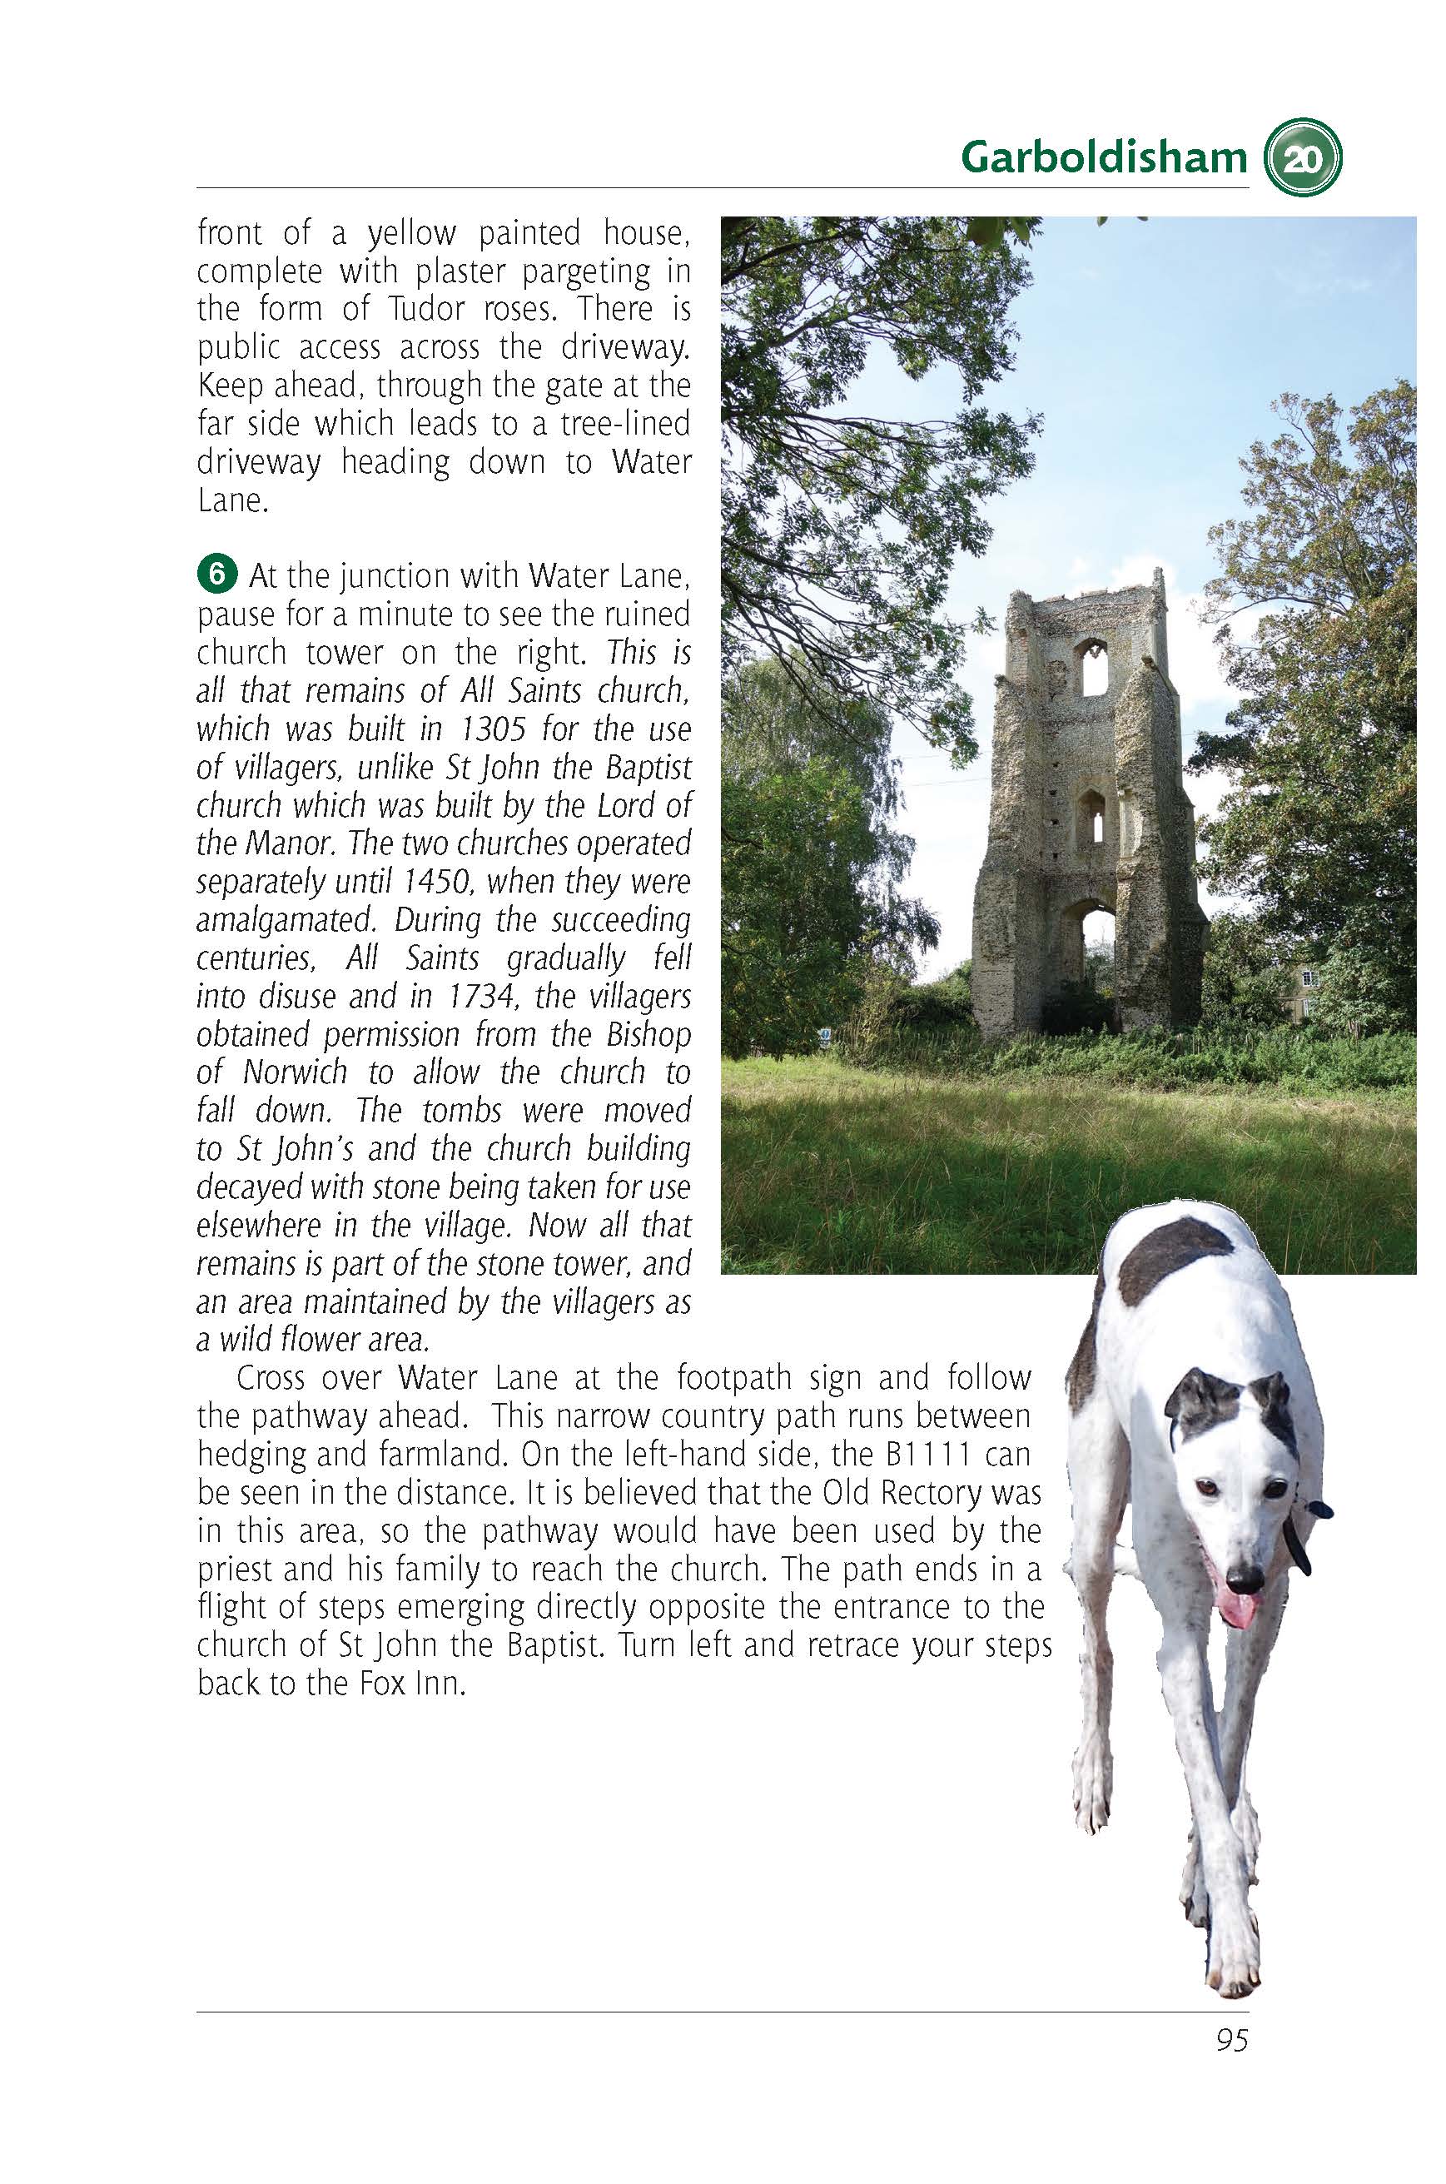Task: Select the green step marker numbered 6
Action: pyautogui.click(x=216, y=574)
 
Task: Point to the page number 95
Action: pyautogui.click(x=1231, y=2040)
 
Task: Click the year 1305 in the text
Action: pyautogui.click(x=494, y=729)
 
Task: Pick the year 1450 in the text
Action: pyautogui.click(x=437, y=882)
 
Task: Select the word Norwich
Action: pyautogui.click(x=295, y=1072)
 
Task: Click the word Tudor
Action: pyautogui.click(x=427, y=309)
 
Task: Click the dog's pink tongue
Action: pyautogui.click(x=1235, y=1609)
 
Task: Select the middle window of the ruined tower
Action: pyautogui.click(x=1092, y=816)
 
